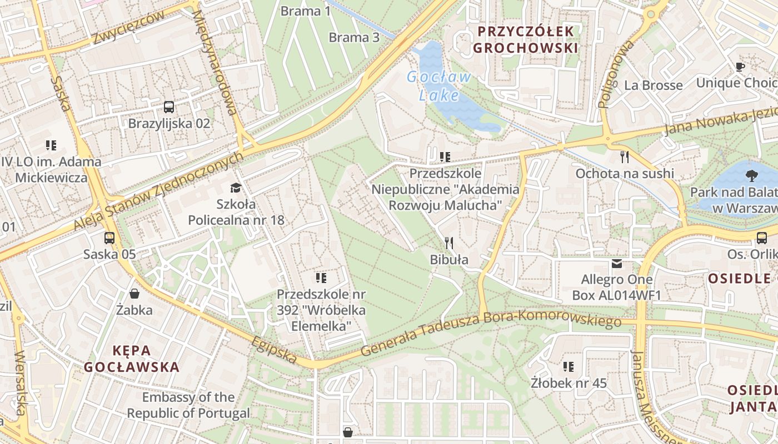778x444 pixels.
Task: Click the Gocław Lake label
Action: pos(439,86)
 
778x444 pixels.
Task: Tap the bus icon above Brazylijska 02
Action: pos(169,107)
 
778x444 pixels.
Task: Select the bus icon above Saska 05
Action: pos(109,238)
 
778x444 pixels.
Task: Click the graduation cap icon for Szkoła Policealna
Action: pos(236,188)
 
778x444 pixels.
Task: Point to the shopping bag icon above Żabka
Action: pos(134,293)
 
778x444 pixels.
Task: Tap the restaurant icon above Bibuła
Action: pos(449,243)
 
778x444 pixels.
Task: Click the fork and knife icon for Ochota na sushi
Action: pos(625,157)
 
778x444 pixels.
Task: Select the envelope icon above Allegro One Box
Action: pos(617,263)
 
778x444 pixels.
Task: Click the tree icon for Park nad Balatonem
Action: pos(752,176)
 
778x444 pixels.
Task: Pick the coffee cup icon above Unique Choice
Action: pos(740,67)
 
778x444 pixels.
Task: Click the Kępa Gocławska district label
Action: pos(132,359)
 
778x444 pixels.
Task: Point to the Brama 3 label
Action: pos(354,37)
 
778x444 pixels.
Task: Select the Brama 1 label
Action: pos(301,11)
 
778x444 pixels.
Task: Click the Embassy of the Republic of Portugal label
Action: pos(188,405)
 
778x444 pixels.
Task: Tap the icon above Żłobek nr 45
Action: pos(568,366)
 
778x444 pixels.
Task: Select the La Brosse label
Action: pos(653,85)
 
